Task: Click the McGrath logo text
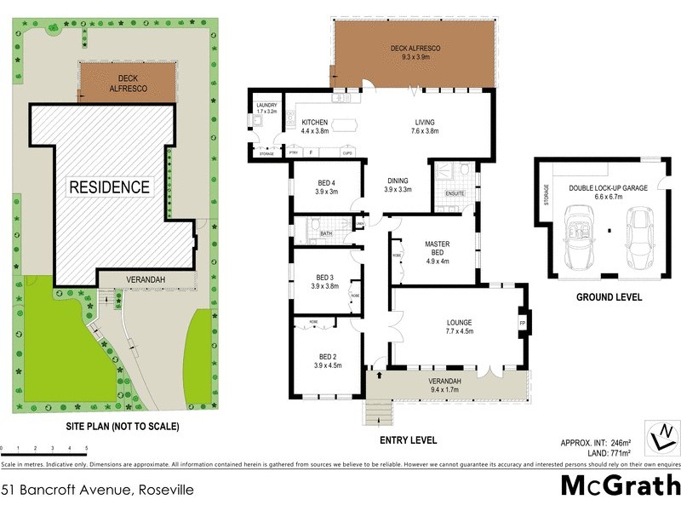pos(621,486)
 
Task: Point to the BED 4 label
pos(327,187)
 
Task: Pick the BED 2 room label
pos(327,360)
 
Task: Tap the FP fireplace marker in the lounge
pos(523,323)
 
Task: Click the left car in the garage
pos(581,232)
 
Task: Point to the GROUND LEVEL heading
pos(609,298)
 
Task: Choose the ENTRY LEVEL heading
pos(408,440)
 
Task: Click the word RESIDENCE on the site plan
pos(109,187)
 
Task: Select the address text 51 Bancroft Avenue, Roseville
pos(97,490)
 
